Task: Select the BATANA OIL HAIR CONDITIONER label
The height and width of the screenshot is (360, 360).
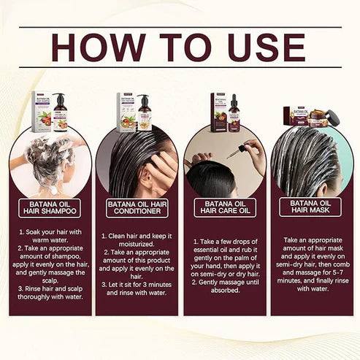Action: [x=137, y=208]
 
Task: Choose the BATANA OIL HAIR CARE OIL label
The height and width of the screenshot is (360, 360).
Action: [x=224, y=208]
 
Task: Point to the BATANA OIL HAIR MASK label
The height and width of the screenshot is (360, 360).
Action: [x=310, y=207]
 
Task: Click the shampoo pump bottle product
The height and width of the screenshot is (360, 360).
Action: [x=59, y=112]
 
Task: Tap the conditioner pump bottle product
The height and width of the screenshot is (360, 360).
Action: [x=145, y=113]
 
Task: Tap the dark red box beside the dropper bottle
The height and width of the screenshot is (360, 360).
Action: [x=218, y=112]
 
